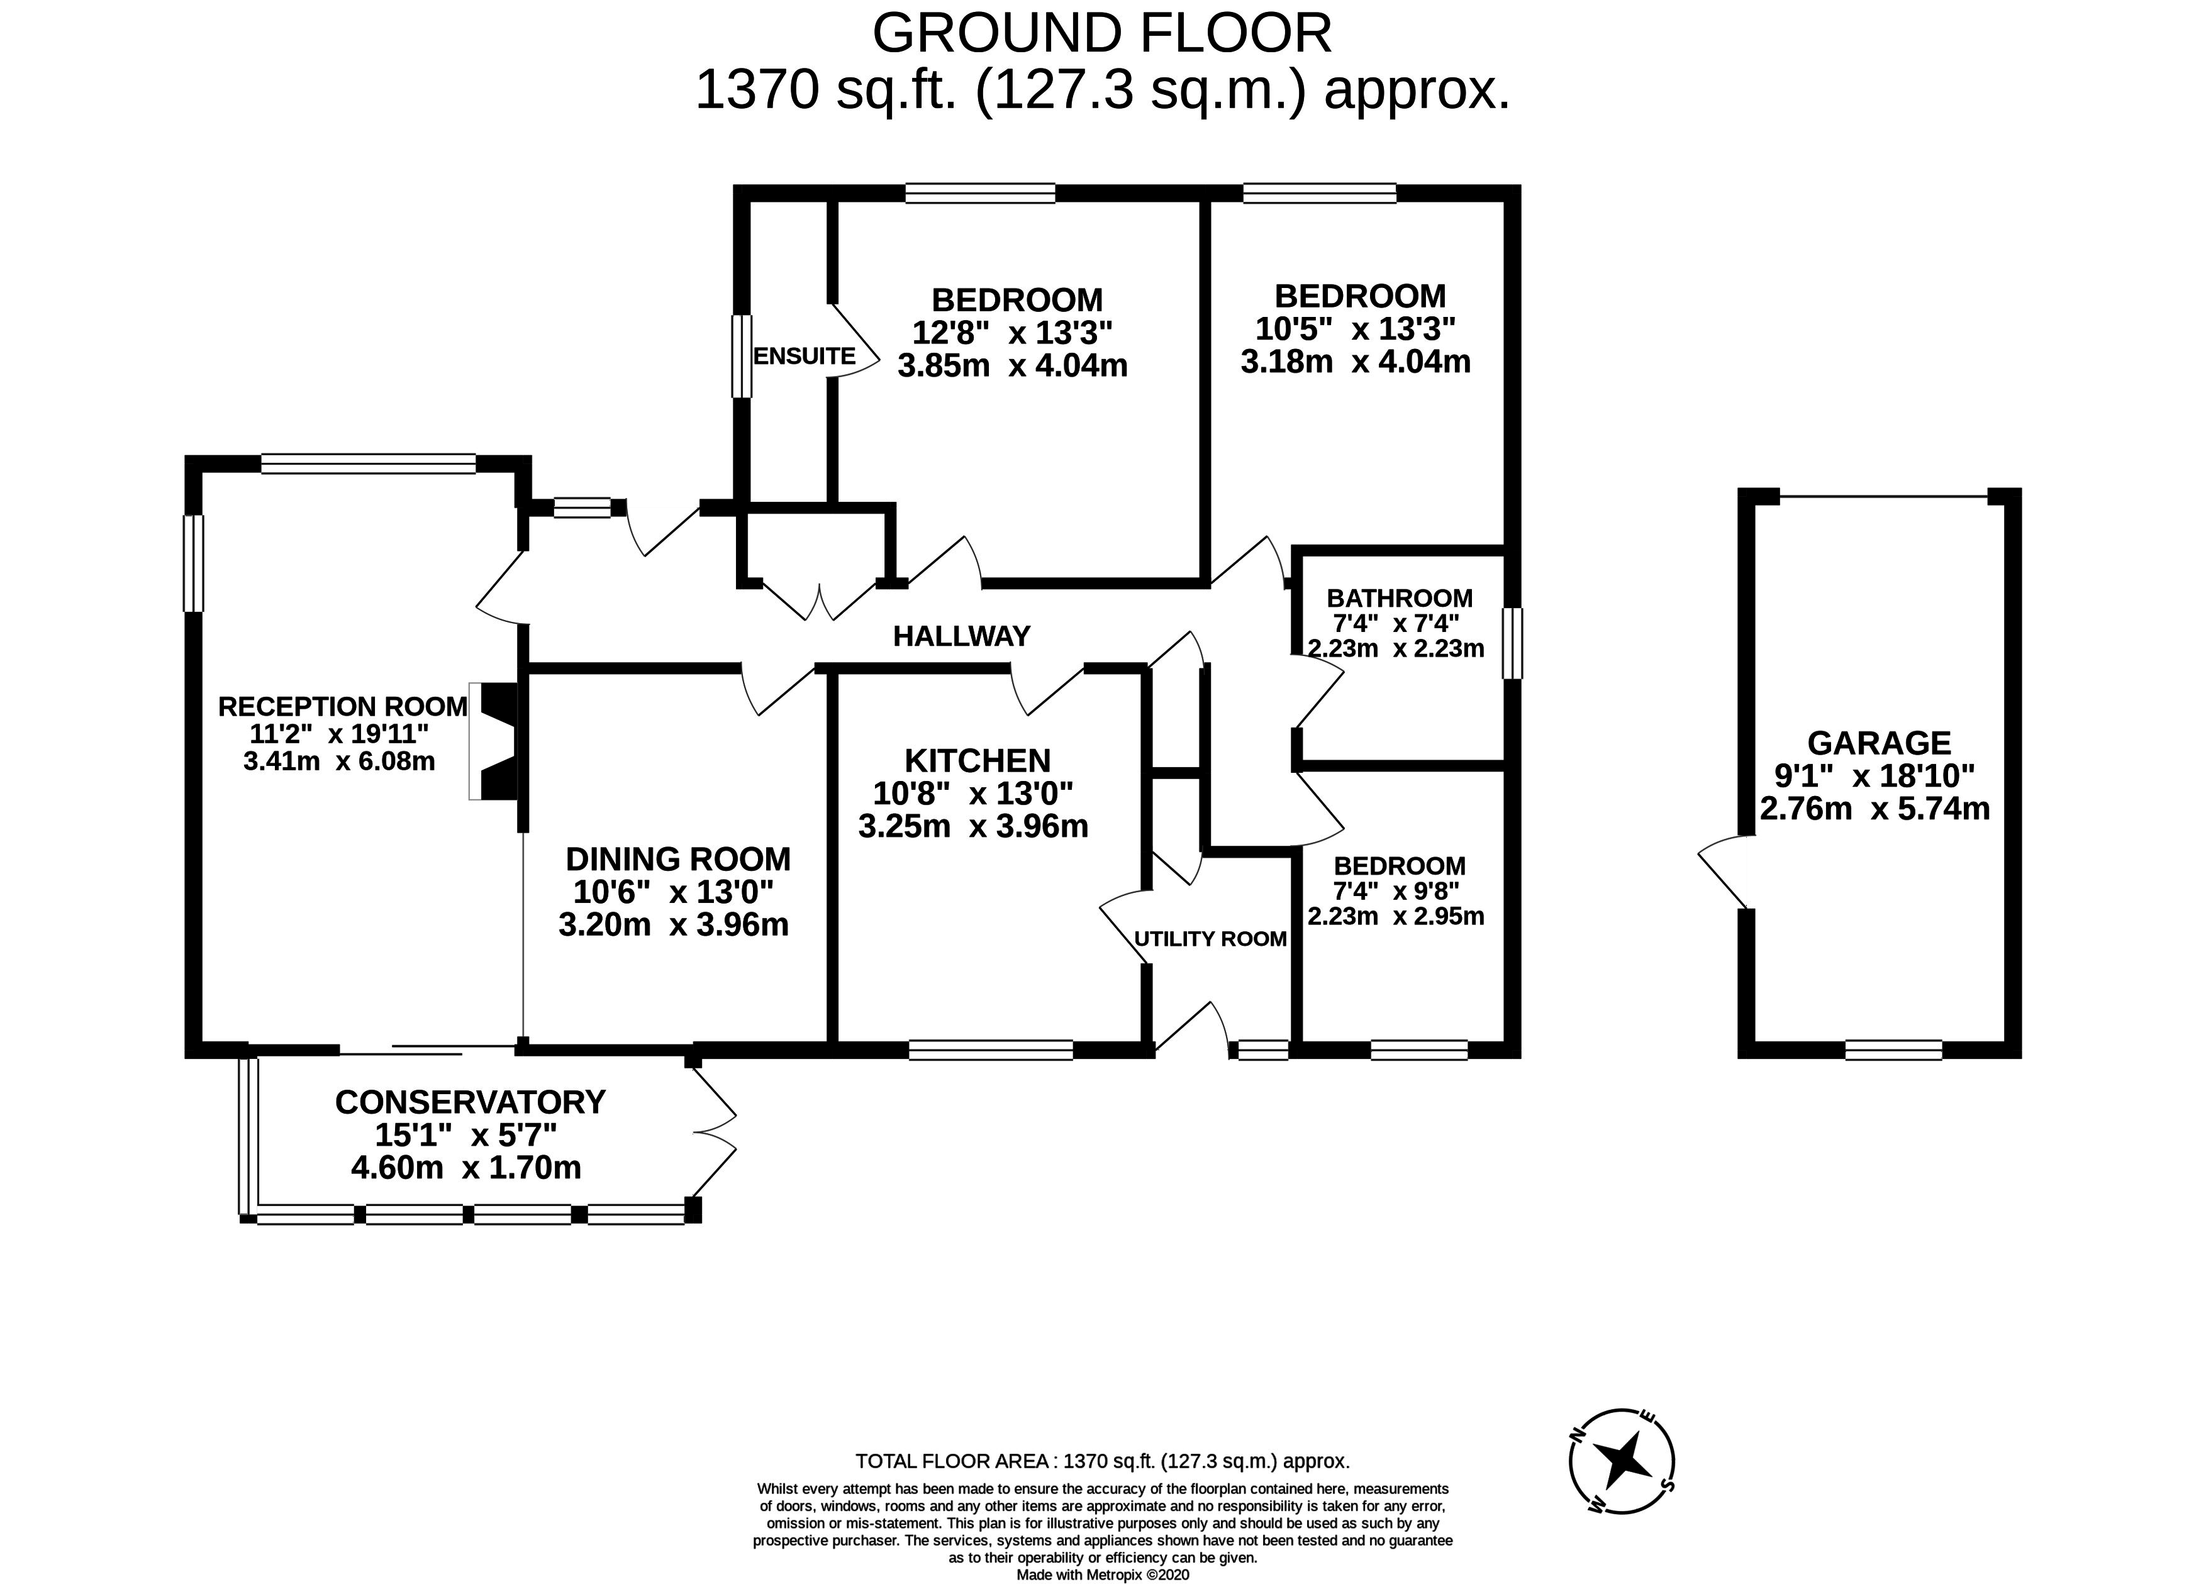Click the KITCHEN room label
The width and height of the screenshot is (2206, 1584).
coord(978,760)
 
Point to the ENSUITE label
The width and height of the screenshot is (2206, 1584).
coord(805,356)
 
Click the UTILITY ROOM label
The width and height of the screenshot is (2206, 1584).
coord(1211,938)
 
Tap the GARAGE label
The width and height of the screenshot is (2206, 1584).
coord(1879,743)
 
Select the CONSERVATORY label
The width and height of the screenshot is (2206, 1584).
coord(471,1102)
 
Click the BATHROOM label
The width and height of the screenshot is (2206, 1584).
coord(1400,598)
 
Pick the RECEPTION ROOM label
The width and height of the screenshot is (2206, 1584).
coord(342,706)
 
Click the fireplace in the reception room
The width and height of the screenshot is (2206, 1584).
coord(497,741)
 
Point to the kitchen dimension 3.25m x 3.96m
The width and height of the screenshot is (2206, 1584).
coord(972,826)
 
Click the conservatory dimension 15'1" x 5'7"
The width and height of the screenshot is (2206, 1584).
coord(466,1135)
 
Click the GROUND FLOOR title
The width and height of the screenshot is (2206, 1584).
coord(1102,33)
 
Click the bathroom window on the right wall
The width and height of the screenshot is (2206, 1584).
coord(1512,643)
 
